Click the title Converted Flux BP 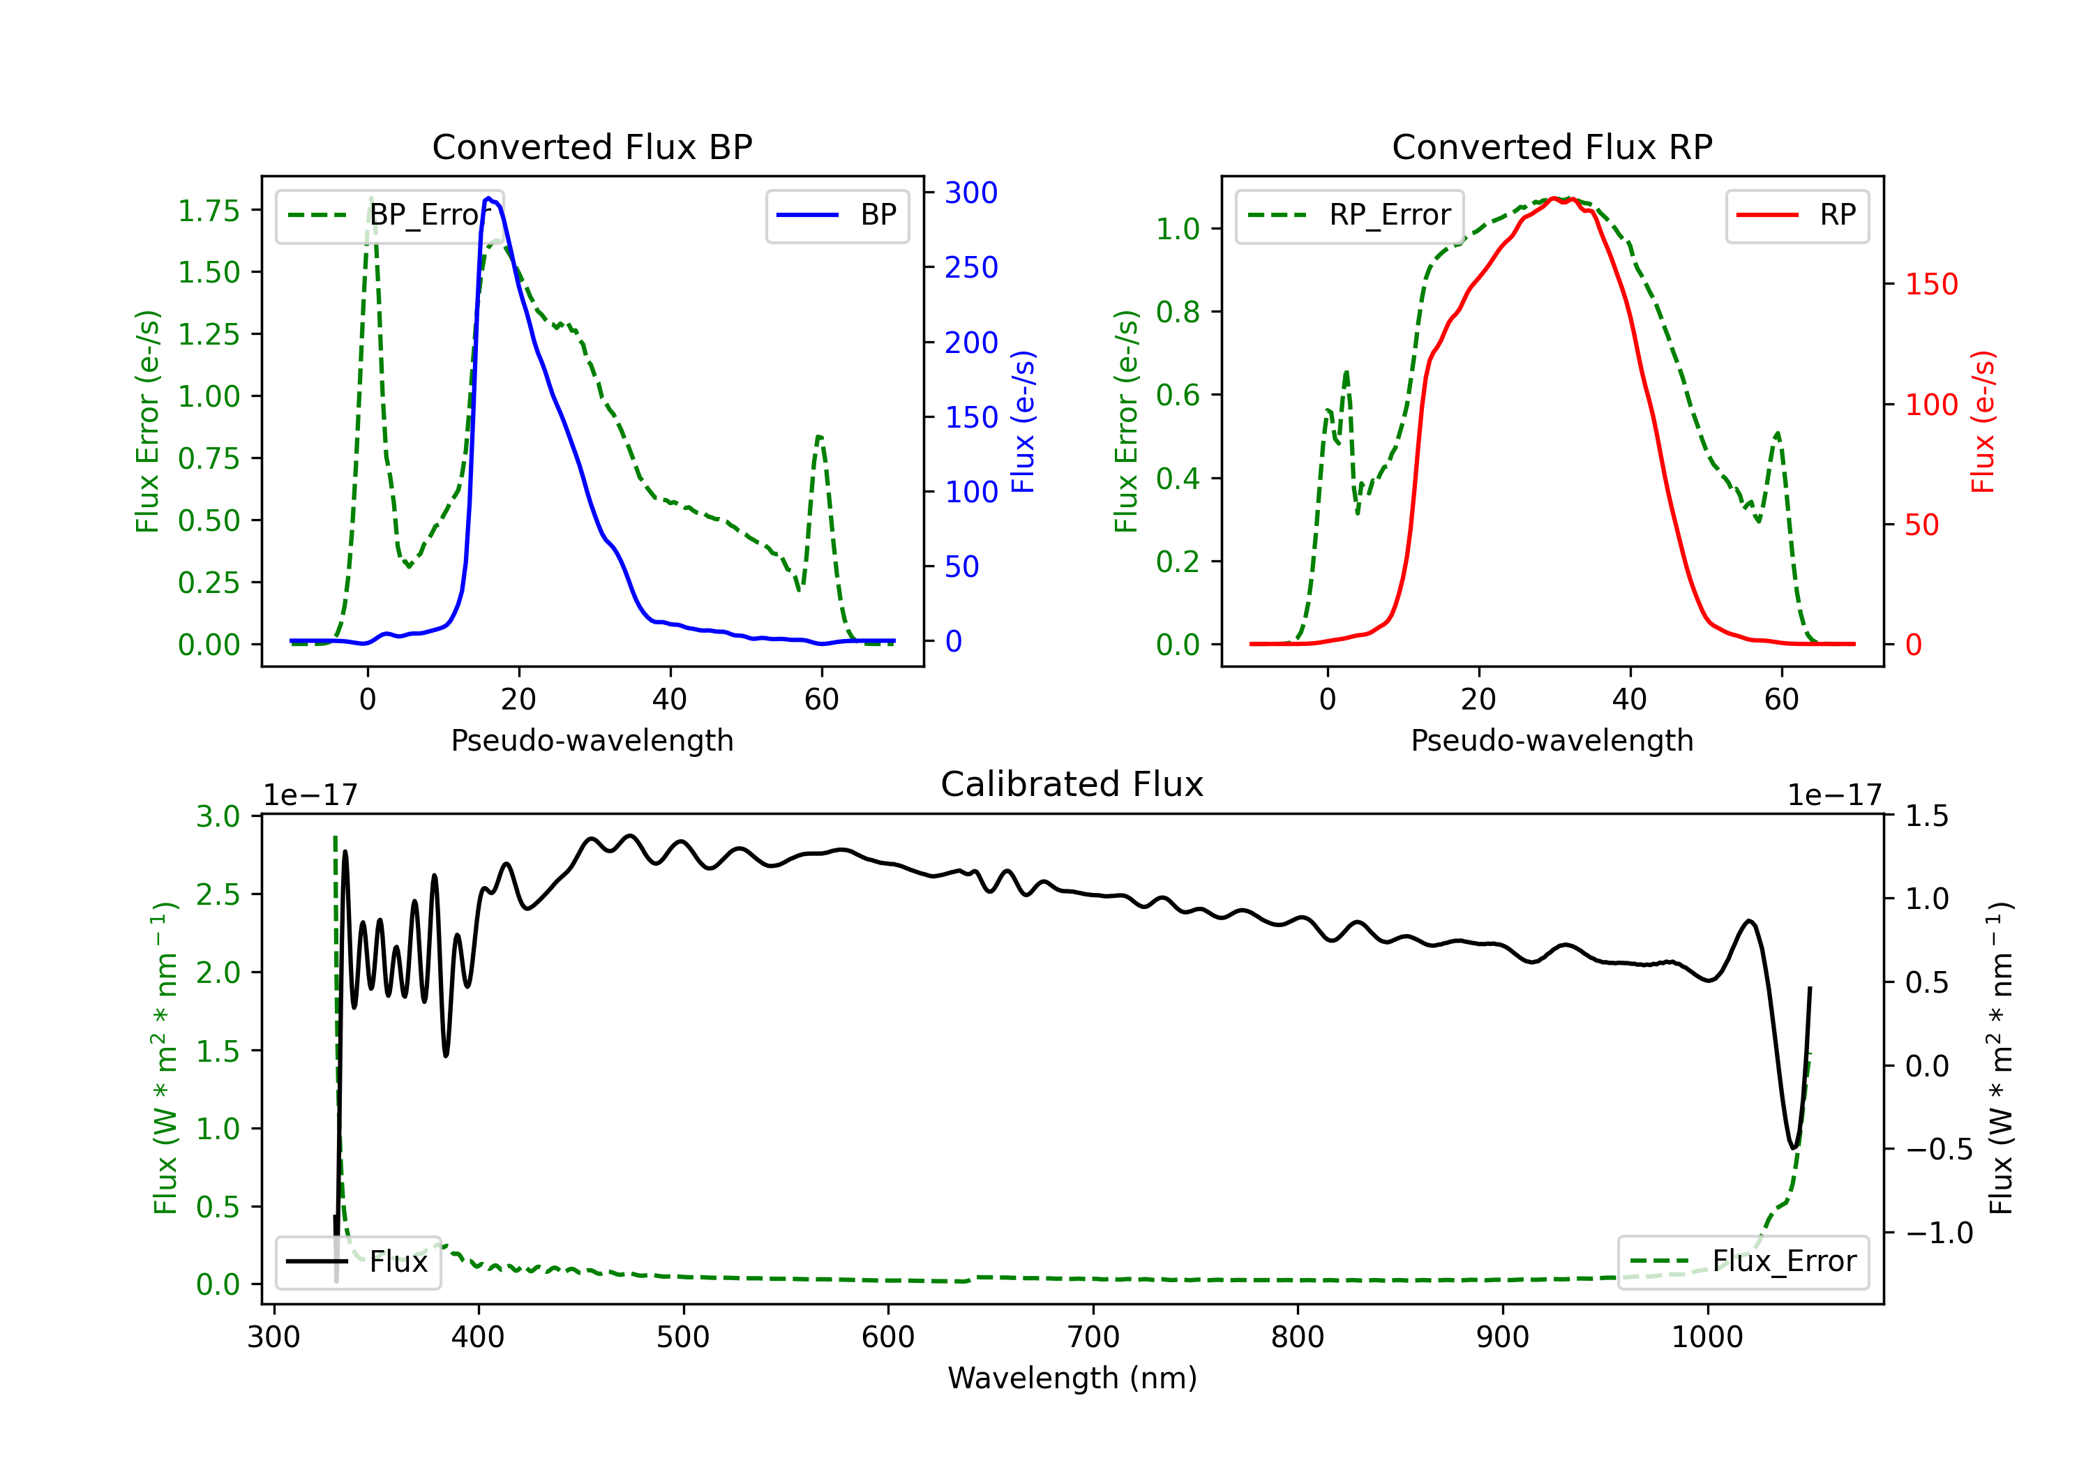(x=592, y=146)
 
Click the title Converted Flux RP (x=1552, y=146)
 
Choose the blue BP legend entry (x=837, y=215)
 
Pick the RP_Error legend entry (x=1349, y=215)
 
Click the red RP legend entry (x=1796, y=215)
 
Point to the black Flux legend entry (x=357, y=1262)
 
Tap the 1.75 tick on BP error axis (x=209, y=211)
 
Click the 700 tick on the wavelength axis (x=1093, y=1337)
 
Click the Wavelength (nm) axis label (x=1072, y=1378)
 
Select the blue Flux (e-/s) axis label (x=1023, y=422)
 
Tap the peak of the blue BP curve (x=488, y=198)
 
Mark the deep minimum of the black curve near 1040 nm (x=1793, y=1147)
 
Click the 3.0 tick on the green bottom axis (x=218, y=816)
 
